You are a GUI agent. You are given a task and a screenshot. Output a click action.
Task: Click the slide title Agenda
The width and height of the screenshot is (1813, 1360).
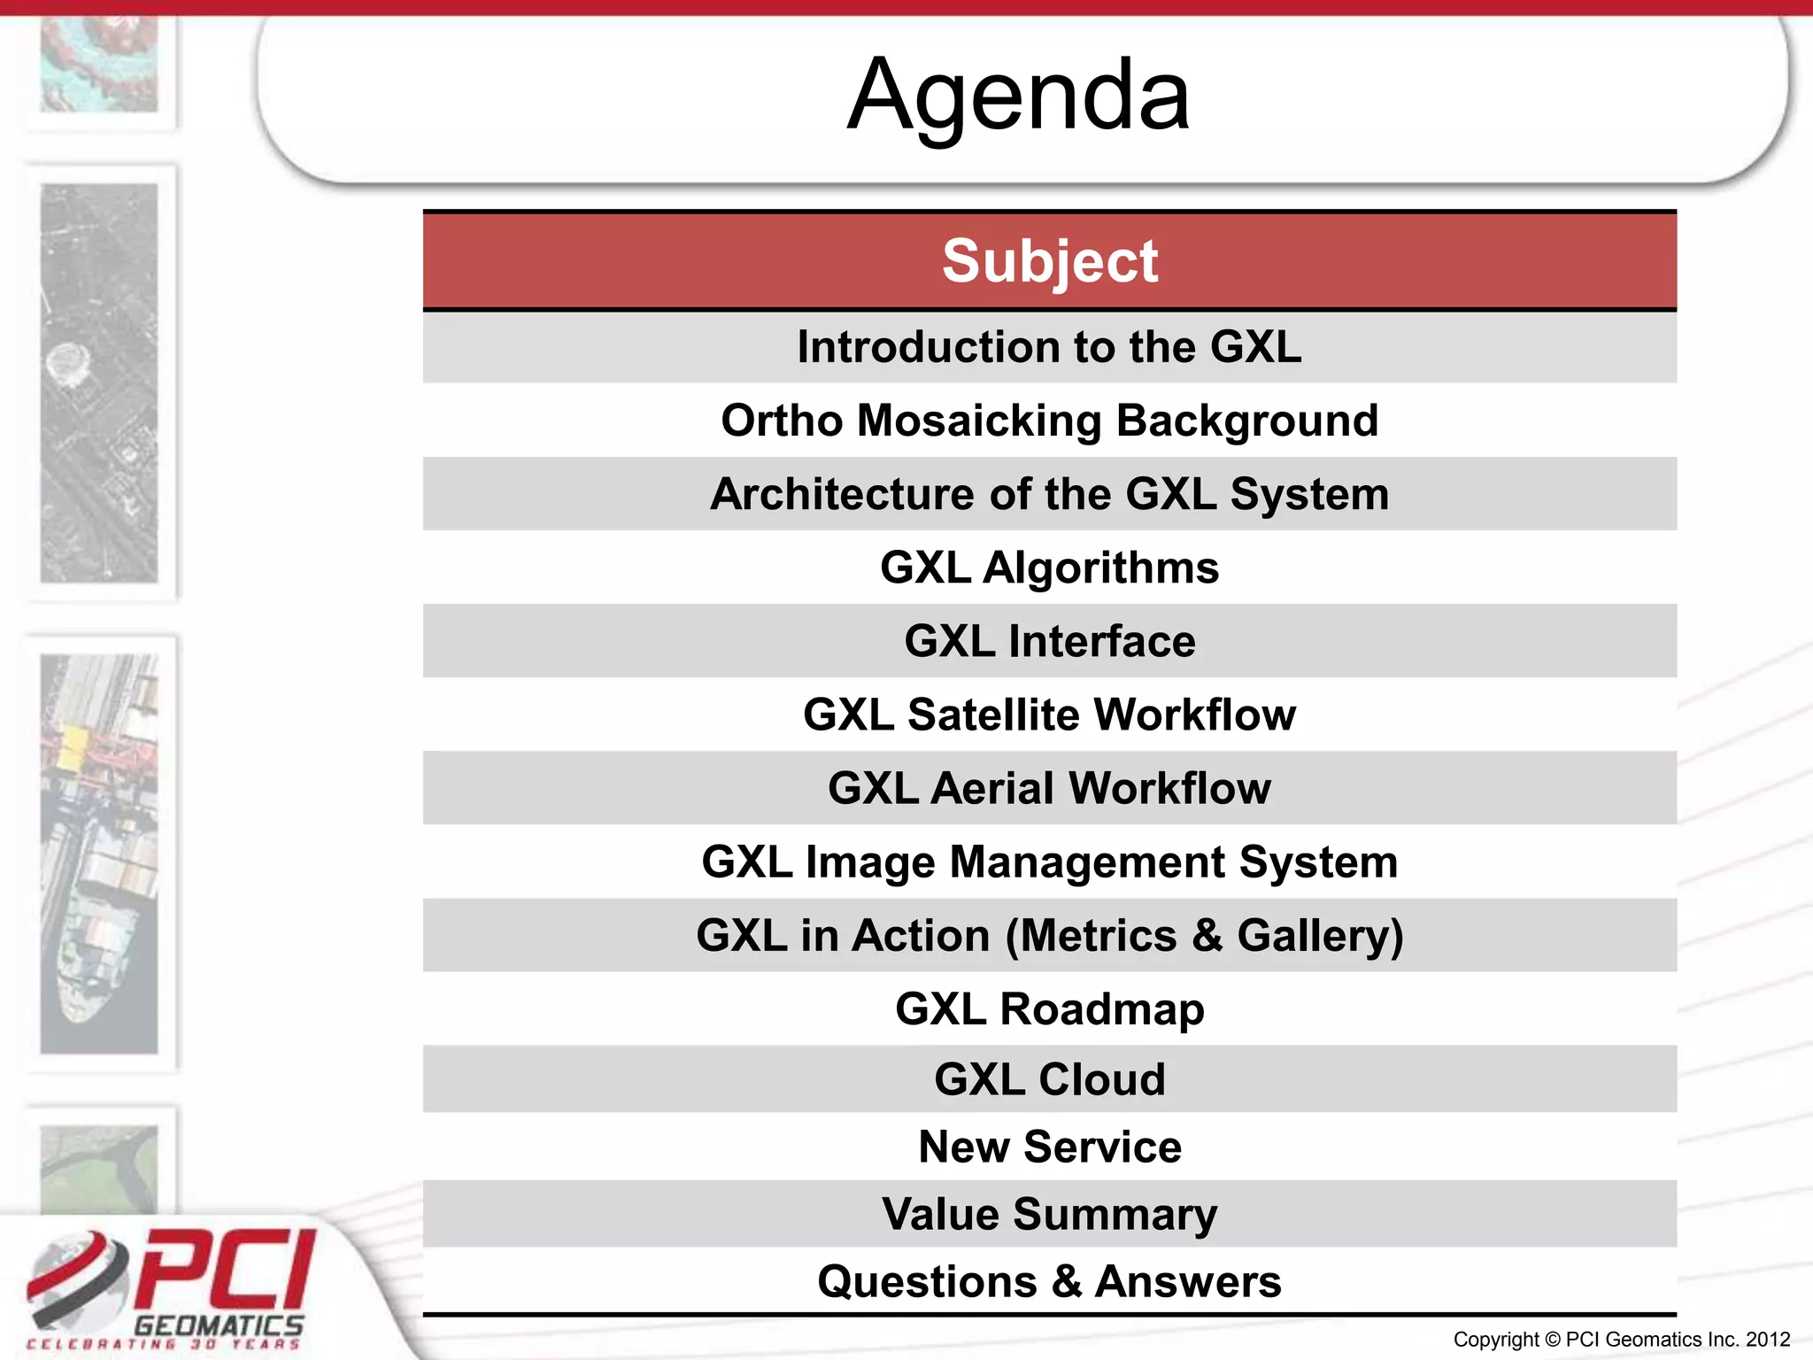tap(1018, 96)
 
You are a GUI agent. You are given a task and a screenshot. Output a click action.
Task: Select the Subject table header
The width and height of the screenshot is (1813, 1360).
tap(1049, 261)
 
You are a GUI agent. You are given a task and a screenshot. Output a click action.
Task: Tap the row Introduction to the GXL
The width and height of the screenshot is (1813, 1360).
tap(1049, 347)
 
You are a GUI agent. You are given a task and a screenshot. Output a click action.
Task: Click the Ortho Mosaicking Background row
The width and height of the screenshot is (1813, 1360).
tap(1049, 421)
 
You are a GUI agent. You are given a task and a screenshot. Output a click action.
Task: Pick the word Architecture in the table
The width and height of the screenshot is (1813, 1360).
tap(841, 494)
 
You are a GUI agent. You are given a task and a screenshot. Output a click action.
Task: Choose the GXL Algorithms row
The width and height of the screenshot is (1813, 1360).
tap(1049, 568)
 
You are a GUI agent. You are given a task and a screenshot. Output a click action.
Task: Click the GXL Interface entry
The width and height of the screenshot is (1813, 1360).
tap(1049, 641)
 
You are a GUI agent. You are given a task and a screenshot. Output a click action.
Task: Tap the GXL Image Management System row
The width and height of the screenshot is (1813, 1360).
tap(1049, 862)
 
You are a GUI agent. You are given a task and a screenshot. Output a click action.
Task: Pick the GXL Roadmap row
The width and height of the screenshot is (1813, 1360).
tap(1049, 1009)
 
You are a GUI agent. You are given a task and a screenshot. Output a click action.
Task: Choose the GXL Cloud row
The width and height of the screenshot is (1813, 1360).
tap(1049, 1079)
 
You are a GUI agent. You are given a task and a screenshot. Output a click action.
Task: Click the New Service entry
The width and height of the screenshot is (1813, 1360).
tap(1049, 1147)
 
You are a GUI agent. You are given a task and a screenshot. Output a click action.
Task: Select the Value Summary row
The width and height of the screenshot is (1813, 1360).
tap(1049, 1214)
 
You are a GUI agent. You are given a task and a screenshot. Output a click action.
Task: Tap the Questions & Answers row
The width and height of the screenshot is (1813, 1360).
tap(1049, 1281)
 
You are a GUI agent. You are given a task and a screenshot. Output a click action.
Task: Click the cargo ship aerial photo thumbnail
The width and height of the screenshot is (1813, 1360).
tap(99, 854)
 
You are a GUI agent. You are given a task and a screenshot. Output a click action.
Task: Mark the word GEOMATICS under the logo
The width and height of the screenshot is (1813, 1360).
tap(219, 1325)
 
